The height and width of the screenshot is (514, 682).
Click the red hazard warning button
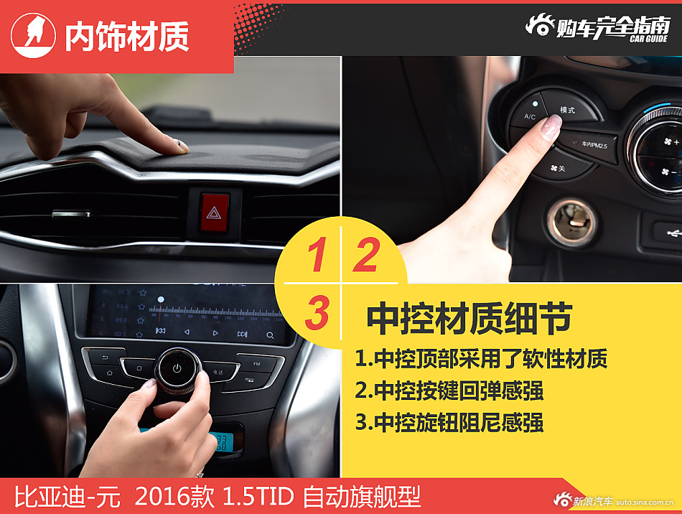214,212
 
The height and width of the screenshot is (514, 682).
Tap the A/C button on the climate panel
530,116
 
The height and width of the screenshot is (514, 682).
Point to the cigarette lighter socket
571,223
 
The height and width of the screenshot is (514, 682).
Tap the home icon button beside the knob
107,373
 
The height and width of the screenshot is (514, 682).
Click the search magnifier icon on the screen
270,335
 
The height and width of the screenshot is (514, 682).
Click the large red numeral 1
316,256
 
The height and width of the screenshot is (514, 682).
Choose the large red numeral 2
365,256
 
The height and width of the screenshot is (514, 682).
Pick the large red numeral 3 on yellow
317,313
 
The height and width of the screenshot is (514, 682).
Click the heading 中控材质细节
470,319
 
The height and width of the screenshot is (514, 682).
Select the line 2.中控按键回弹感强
449,391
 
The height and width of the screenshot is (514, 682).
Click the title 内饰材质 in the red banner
127,37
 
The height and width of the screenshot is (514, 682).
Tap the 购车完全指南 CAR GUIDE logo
598,27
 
